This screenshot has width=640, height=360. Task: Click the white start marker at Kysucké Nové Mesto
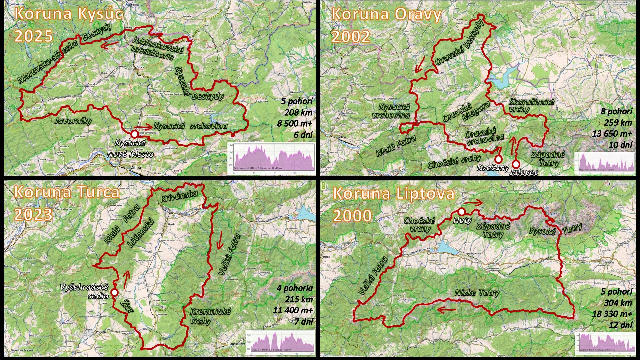[134, 134]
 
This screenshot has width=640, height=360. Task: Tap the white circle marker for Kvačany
[498, 159]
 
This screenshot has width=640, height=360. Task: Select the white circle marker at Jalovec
[516, 164]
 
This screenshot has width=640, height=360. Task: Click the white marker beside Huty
[461, 211]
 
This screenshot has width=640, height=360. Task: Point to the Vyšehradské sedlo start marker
[114, 292]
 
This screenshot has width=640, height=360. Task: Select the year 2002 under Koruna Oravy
[351, 36]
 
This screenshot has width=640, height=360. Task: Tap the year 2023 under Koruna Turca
[33, 214]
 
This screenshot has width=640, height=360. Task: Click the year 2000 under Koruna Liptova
[352, 216]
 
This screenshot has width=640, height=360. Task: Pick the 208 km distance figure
[298, 112]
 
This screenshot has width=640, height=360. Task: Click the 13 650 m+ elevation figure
[612, 134]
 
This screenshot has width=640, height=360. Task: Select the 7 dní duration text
[303, 322]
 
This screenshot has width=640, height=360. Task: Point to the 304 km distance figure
[618, 303]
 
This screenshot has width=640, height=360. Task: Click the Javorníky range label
[73, 120]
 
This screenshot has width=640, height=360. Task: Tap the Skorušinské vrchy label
[531, 105]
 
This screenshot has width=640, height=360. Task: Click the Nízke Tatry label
[477, 293]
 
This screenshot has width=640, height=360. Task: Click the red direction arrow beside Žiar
[126, 279]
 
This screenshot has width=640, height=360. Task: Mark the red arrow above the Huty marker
[474, 202]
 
